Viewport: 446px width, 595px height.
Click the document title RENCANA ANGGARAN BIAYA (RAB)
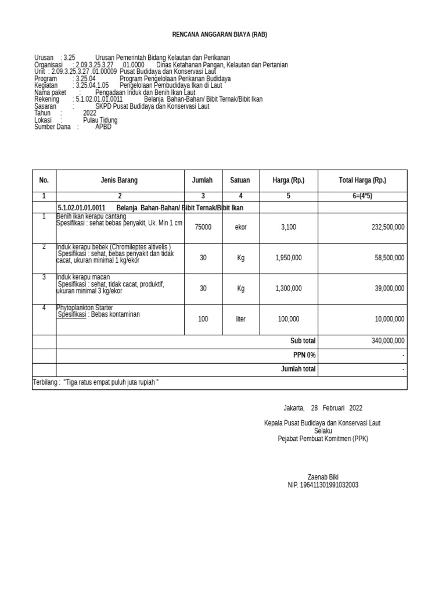220,35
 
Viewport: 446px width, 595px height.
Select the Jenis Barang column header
119,181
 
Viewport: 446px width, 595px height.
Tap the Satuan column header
240,181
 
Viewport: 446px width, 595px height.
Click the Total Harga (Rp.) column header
362,181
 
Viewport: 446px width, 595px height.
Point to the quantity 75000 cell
203,227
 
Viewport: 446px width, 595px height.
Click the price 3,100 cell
288,227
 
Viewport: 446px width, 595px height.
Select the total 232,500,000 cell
388,227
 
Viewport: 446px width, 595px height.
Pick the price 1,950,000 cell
288,257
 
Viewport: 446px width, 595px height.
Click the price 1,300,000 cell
288,288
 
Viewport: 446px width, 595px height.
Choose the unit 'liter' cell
240,319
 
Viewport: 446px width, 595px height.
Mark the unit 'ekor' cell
240,227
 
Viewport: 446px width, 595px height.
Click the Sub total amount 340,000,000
388,341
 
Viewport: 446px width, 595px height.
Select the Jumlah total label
298,369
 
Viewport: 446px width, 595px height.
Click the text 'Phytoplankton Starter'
85,307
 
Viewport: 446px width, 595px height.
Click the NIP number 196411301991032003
323,485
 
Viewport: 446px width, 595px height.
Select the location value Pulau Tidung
100,120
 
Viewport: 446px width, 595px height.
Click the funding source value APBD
103,127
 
